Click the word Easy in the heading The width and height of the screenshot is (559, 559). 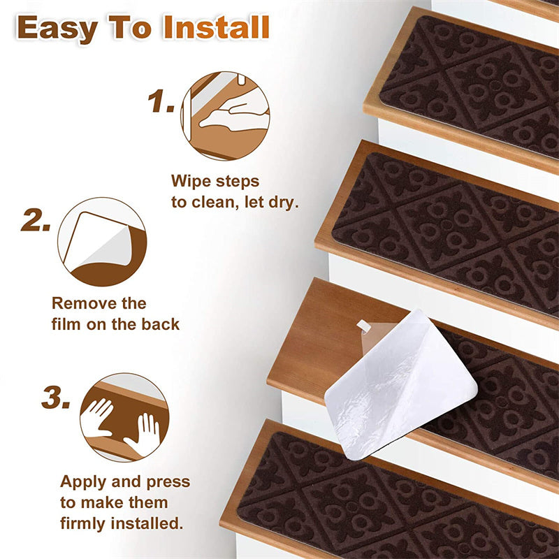click(57, 29)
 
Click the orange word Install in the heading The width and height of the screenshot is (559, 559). click(217, 27)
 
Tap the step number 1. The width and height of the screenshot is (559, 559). click(161, 101)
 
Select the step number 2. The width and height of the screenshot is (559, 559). click(36, 219)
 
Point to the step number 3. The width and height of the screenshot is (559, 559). click(56, 397)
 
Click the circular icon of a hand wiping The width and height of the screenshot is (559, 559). click(225, 116)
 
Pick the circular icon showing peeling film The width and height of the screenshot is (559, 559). click(102, 242)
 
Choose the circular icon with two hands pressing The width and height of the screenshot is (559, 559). click(124, 417)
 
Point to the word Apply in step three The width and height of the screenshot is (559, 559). click(83, 482)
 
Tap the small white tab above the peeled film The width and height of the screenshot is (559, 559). click(363, 325)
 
